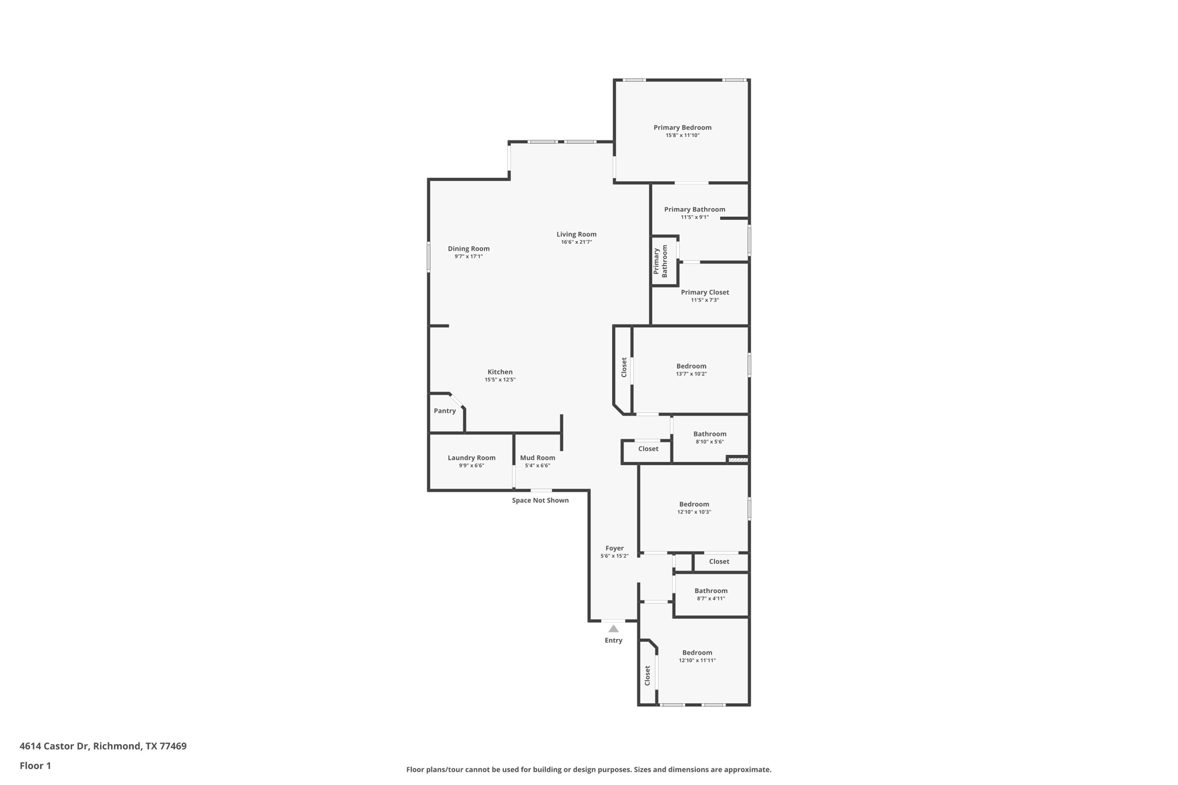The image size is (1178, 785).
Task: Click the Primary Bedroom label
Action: [682, 128]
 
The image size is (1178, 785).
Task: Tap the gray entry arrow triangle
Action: [613, 629]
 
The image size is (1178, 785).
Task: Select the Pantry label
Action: [445, 411]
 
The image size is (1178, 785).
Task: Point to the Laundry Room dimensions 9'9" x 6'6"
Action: [471, 466]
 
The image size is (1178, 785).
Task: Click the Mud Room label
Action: [537, 458]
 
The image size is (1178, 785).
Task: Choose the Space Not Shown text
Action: [540, 500]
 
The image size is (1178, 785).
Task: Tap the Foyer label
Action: [614, 548]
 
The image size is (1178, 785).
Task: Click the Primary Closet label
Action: [705, 292]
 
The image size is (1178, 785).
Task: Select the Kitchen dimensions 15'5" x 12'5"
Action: [500, 380]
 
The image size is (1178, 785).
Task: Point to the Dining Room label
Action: [468, 248]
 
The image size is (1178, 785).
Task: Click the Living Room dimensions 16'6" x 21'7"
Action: [576, 242]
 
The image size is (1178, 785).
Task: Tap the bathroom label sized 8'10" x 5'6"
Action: [709, 434]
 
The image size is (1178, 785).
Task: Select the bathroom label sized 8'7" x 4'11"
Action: [710, 591]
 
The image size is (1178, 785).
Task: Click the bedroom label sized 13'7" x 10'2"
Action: [691, 366]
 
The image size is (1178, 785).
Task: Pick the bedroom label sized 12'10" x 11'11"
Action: [697, 653]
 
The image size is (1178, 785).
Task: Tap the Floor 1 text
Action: [35, 765]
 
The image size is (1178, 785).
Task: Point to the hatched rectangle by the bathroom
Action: [738, 459]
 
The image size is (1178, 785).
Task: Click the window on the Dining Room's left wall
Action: [429, 256]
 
